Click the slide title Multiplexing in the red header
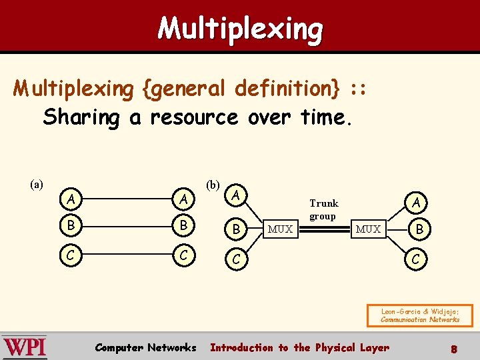pos(240,29)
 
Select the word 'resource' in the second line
pos(194,118)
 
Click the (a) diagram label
pos(37,183)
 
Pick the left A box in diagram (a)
pos(71,199)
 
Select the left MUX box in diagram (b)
pos(280,229)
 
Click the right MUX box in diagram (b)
pos(368,229)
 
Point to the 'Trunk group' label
pos(323,209)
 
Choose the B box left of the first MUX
pos(237,229)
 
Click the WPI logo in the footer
pos(24,347)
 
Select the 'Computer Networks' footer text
pos(145,347)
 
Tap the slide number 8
pos(453,348)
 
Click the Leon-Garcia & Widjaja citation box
pos(420,315)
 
